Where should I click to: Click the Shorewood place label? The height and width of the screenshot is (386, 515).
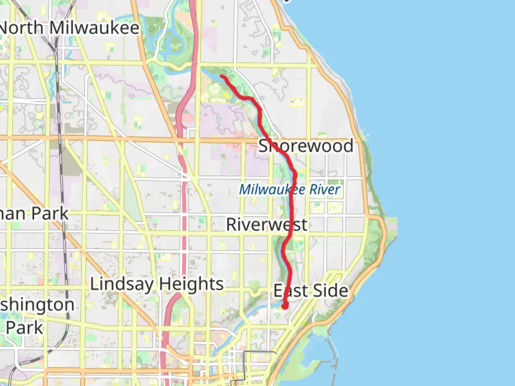(306, 146)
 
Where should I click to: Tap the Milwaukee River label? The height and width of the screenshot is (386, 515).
(289, 189)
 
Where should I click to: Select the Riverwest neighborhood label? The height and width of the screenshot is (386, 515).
(266, 225)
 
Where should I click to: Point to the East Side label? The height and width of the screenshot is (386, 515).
(310, 291)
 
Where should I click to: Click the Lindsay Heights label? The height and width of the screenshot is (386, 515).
(157, 284)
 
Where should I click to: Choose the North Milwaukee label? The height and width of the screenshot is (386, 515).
(69, 28)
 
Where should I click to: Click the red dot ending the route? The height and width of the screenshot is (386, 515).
(285, 306)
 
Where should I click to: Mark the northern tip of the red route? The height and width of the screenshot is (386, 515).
(222, 76)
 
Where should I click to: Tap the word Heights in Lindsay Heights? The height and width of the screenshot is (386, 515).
(191, 284)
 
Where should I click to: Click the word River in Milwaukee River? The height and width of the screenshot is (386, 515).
(325, 189)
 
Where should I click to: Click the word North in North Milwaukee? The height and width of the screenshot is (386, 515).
(21, 28)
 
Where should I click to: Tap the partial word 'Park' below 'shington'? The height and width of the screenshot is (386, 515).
(24, 327)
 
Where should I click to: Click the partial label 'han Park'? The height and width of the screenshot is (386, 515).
(34, 214)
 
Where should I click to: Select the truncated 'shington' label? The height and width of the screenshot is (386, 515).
(37, 305)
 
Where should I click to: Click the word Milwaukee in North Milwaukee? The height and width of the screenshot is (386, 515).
(94, 28)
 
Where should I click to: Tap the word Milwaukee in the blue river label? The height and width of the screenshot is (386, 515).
(272, 189)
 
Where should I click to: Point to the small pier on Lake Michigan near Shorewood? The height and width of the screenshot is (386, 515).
(366, 135)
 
